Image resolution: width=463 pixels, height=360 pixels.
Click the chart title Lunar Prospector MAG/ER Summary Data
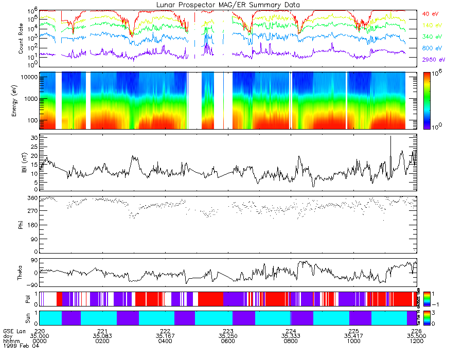pyautogui.click(x=228, y=5)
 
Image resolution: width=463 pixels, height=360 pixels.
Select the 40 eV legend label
pyautogui.click(x=431, y=13)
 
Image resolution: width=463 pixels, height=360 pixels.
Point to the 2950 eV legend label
pyautogui.click(x=434, y=60)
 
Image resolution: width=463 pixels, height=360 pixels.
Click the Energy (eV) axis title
pyautogui.click(x=21, y=101)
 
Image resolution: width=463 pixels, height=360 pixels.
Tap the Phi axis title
pyautogui.click(x=21, y=225)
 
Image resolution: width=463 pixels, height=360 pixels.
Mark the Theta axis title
pyautogui.click(x=21, y=273)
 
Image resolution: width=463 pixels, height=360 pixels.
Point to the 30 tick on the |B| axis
pyautogui.click(x=34, y=138)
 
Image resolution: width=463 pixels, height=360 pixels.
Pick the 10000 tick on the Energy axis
pyautogui.click(x=30, y=77)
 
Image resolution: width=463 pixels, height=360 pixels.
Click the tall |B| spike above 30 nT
pyautogui.click(x=390, y=137)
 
